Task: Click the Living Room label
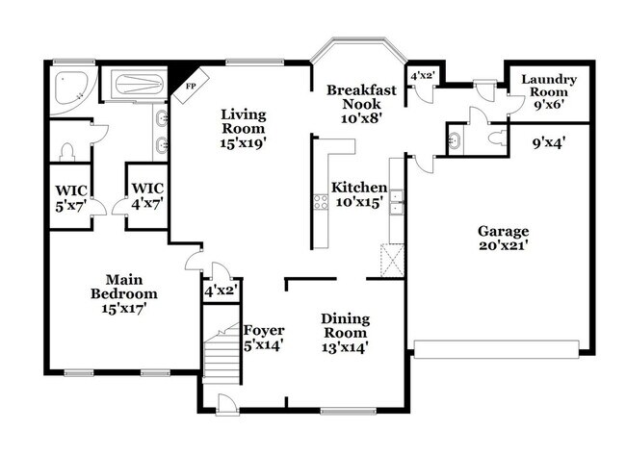click(x=244, y=127)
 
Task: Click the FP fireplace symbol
click(x=190, y=84)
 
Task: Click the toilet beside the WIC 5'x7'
click(x=66, y=151)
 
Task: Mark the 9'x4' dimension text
click(x=551, y=144)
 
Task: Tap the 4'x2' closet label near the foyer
click(x=221, y=289)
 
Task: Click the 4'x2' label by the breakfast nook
click(x=423, y=76)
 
